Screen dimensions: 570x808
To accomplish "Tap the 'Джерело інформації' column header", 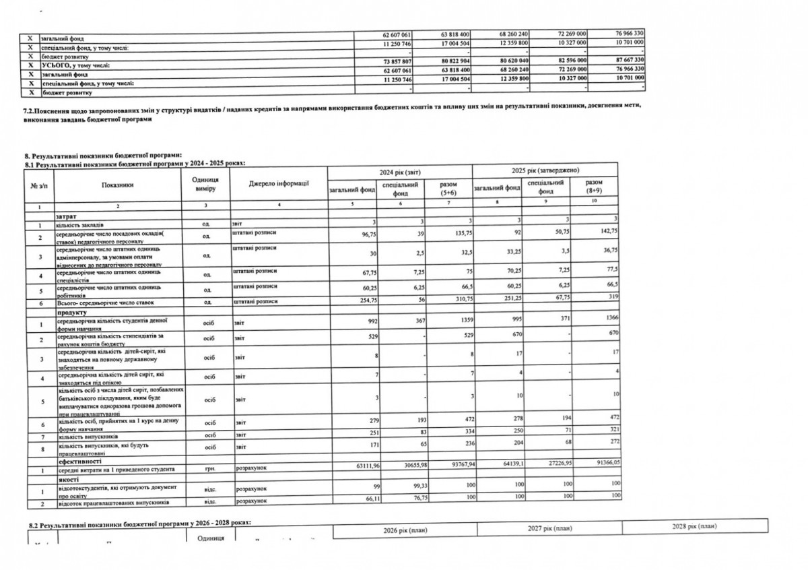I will (278, 184).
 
